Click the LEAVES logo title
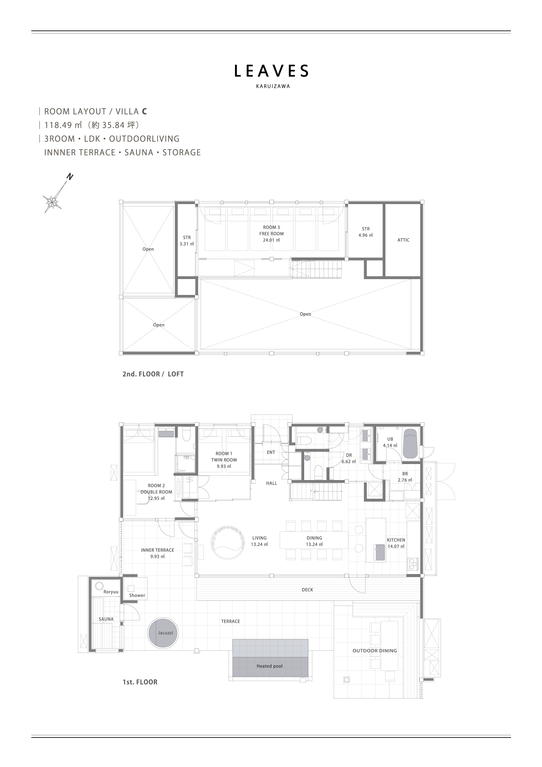point(271,71)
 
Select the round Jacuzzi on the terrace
point(163,633)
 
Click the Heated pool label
point(269,666)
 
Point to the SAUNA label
point(106,619)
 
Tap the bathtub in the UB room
point(410,443)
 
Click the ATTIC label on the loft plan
point(403,240)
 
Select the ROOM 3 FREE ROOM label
point(272,233)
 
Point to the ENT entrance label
point(271,452)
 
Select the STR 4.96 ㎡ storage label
point(366,232)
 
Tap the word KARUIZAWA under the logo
point(273,86)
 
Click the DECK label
point(307,590)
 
